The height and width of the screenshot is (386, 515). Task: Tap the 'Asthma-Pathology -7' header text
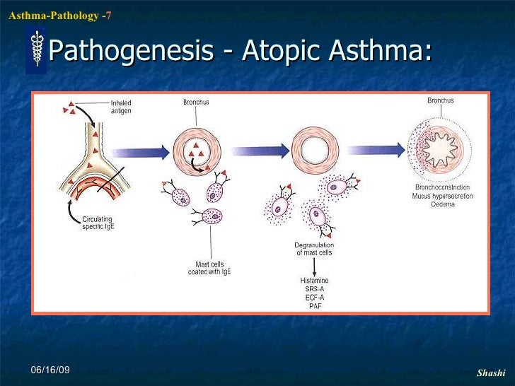59,15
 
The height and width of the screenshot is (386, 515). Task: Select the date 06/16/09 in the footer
50,371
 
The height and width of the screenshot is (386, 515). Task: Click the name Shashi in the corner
490,373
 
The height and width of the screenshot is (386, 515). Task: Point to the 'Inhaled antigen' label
120,107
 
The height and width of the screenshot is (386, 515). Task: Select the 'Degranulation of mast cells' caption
313,248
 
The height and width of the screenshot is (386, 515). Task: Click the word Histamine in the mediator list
314,281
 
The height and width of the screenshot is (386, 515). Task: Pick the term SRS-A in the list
314,289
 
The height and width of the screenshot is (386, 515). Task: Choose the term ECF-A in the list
314,298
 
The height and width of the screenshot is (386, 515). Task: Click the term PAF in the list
314,306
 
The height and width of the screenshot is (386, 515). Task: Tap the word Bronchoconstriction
443,187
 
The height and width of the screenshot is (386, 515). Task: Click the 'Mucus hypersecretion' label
443,196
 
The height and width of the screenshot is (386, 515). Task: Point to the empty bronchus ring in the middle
313,149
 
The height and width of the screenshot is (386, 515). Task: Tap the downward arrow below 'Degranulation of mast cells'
314,267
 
